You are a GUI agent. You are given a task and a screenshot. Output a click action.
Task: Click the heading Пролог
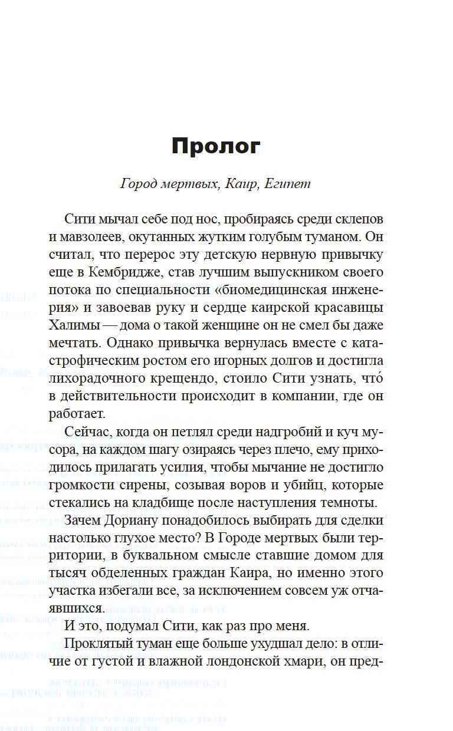point(215,146)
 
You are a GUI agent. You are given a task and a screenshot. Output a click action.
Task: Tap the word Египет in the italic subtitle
point(288,184)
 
